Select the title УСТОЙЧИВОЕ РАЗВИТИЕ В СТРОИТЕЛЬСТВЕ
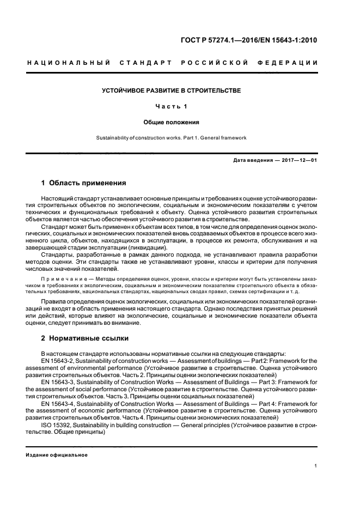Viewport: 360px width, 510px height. (171, 90)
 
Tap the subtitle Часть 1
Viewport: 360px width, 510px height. (171, 106)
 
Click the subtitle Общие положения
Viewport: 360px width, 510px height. (171, 122)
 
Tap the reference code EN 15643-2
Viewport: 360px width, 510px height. (58, 360)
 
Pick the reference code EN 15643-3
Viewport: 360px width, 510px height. (58, 383)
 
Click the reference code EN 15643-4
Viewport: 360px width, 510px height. (58, 405)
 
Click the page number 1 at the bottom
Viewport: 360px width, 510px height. (316, 466)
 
